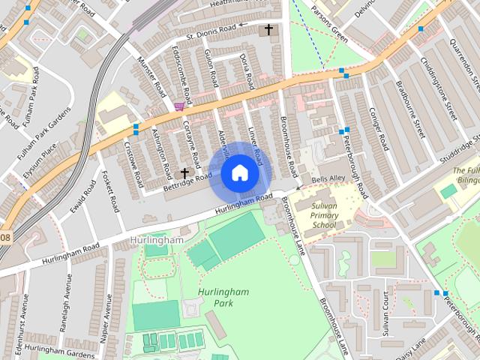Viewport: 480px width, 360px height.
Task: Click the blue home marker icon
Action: (x=239, y=173)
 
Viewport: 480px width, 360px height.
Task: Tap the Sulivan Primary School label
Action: (x=324, y=217)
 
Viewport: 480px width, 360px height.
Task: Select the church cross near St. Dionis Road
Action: (x=268, y=30)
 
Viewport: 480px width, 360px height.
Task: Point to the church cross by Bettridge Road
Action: (x=184, y=172)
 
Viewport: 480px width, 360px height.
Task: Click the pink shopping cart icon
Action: (x=178, y=107)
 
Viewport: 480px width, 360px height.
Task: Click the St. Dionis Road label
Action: (x=211, y=30)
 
